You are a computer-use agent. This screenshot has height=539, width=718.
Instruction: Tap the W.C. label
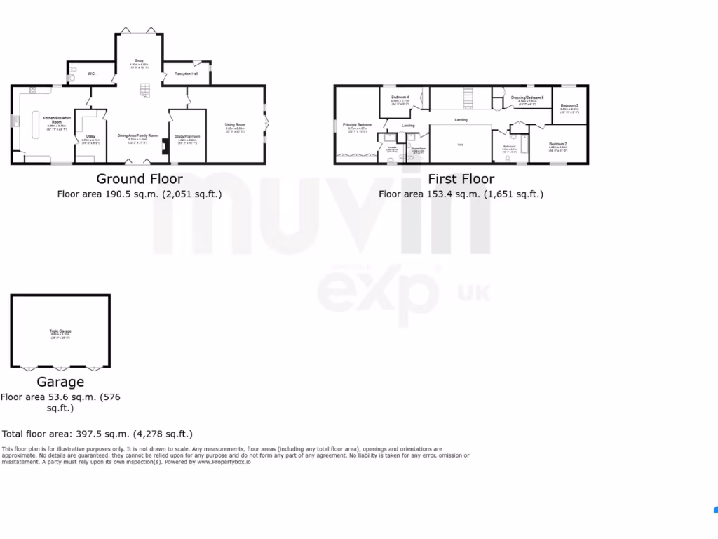91,74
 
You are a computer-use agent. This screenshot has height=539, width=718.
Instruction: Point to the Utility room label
91,136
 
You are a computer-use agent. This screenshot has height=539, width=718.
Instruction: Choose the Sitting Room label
235,124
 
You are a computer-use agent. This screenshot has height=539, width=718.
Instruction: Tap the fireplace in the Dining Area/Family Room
163,147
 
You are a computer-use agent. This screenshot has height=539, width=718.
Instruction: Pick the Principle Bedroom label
357,124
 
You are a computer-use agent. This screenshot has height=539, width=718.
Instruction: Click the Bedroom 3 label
569,105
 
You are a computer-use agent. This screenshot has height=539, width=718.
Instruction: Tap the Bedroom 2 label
558,143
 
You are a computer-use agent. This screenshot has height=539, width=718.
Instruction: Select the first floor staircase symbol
468,96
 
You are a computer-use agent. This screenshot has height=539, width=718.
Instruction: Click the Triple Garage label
60,330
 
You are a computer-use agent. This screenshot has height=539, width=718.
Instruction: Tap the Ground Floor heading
139,179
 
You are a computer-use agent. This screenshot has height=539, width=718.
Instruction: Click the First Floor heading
461,179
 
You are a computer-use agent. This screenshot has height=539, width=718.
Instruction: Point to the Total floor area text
97,434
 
